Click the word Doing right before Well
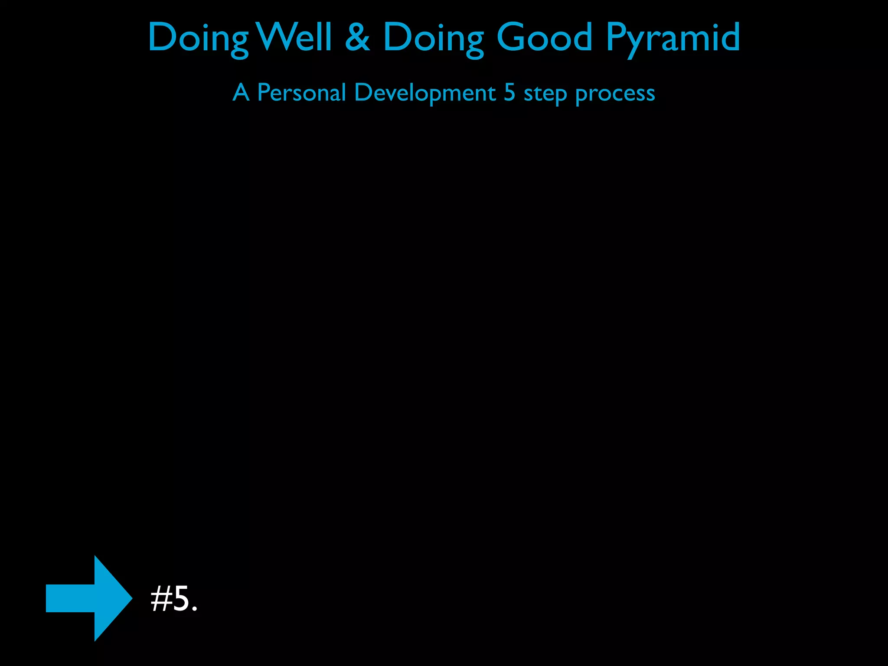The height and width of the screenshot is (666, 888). coord(198,38)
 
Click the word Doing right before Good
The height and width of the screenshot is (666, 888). coord(433,38)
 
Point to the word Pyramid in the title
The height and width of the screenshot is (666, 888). coord(673,38)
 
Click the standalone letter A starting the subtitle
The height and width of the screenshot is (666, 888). coord(241,92)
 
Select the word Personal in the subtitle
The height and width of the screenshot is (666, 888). coord(301,92)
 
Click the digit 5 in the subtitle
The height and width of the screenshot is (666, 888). coord(509,92)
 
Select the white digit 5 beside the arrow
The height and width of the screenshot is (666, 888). coord(181,599)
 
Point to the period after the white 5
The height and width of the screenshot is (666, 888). coord(195,609)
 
